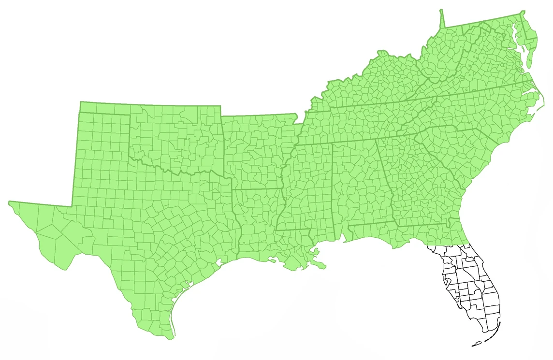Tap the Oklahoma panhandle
(x=104, y=107)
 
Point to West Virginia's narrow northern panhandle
(x=442, y=19)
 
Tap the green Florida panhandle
(x=387, y=234)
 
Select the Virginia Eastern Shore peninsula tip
(x=528, y=65)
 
